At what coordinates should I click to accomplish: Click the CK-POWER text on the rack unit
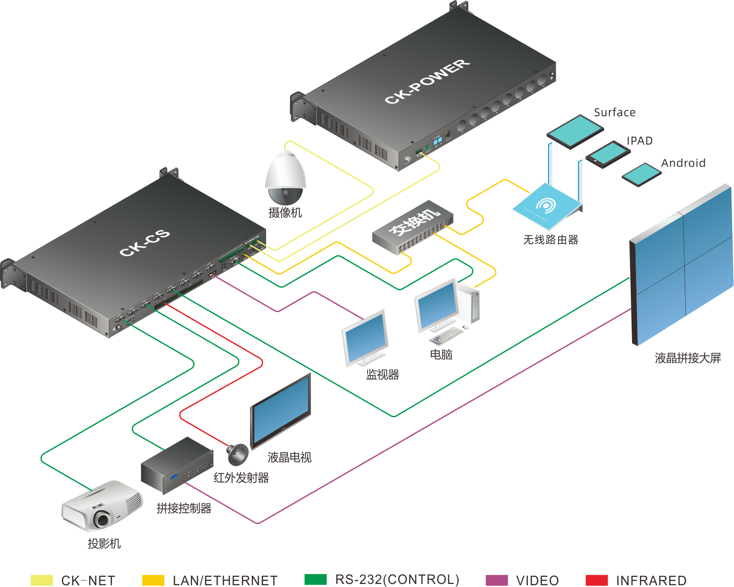pos(427,82)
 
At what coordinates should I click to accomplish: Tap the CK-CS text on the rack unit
pos(145,243)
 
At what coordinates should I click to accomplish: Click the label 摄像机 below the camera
pos(285,213)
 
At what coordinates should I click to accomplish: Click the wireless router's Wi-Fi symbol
pos(546,205)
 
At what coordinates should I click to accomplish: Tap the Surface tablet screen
pos(575,131)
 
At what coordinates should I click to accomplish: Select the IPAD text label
pos(639,141)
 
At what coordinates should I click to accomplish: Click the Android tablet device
pos(641,174)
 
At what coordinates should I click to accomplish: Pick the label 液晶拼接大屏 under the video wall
pos(687,358)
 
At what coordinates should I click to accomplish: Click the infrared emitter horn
pos(237,454)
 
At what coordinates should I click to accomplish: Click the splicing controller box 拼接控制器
pos(176,466)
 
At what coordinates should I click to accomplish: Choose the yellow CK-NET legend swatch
pos(42,580)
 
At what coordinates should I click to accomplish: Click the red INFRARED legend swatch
pos(596,580)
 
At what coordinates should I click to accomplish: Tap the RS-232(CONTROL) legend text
pos(397,580)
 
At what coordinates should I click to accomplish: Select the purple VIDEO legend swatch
pos(497,580)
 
